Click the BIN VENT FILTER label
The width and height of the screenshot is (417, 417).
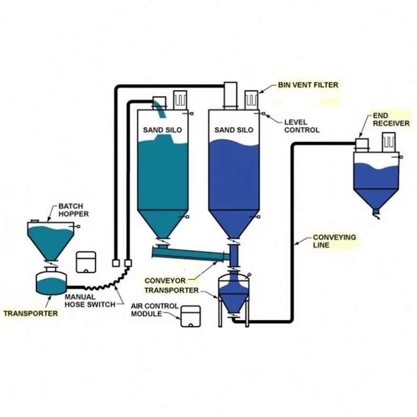point(308,84)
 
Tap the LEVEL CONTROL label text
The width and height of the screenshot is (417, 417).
point(302,126)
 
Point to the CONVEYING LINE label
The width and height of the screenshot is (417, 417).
point(334,241)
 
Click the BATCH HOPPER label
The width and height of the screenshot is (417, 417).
point(73,210)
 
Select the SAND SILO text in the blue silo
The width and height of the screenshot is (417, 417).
point(234,130)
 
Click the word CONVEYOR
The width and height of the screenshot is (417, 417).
point(164,280)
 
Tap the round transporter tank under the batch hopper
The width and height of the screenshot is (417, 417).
point(51,282)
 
